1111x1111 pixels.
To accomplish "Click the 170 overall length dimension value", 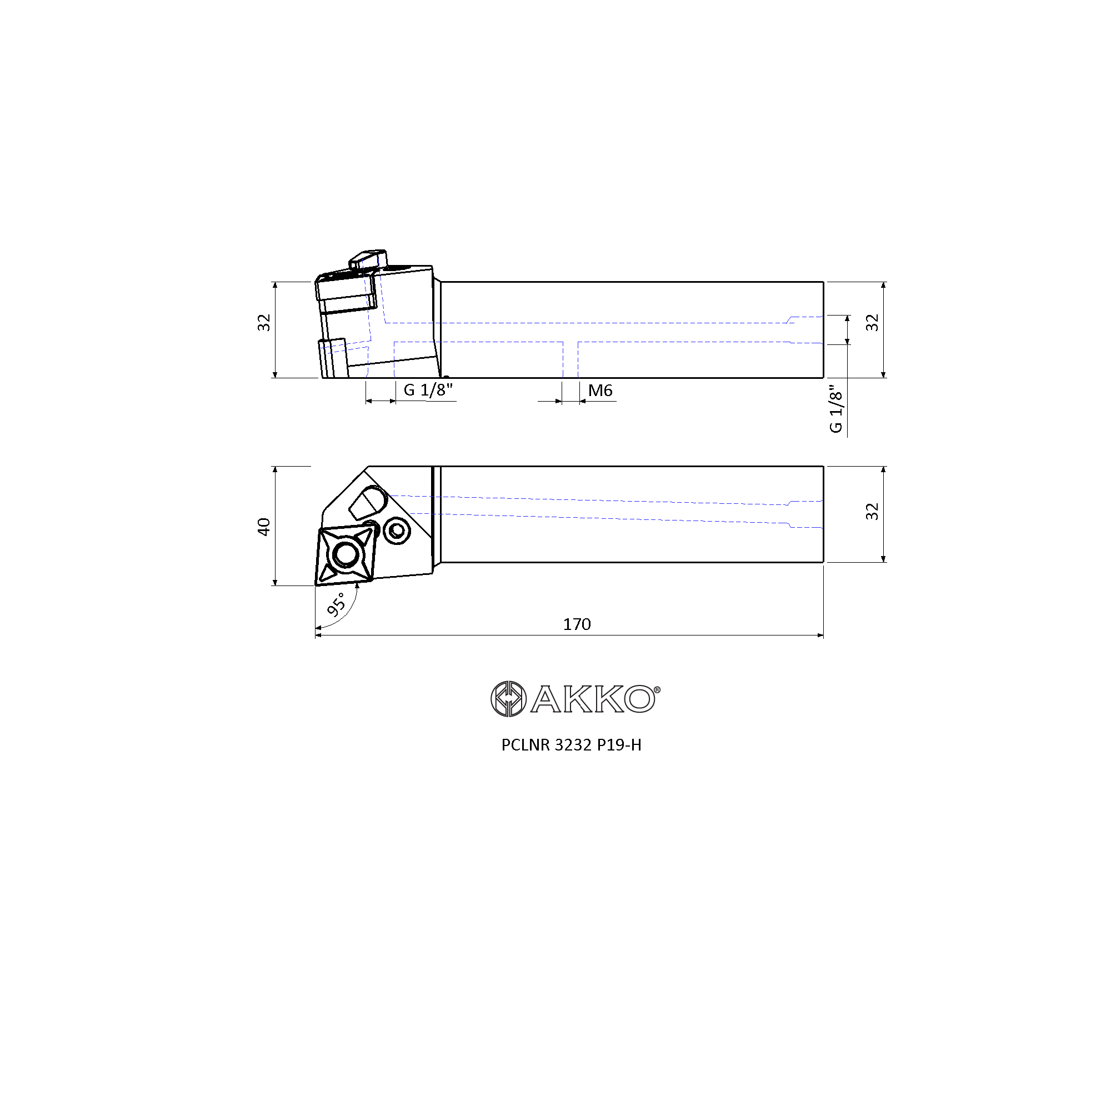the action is (x=577, y=624).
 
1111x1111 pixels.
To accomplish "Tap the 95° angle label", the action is (x=337, y=604).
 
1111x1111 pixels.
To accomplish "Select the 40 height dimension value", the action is (x=264, y=527).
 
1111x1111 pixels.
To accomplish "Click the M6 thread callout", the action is (x=600, y=391).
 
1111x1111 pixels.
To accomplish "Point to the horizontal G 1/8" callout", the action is (x=428, y=390).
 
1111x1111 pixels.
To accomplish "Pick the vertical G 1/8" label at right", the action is (x=835, y=409).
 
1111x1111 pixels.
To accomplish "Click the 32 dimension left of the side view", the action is (x=264, y=323).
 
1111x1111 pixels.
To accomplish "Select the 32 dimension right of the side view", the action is (x=872, y=323).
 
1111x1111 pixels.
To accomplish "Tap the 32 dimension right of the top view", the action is (x=872, y=511).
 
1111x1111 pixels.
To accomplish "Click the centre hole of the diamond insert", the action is (x=345, y=555).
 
